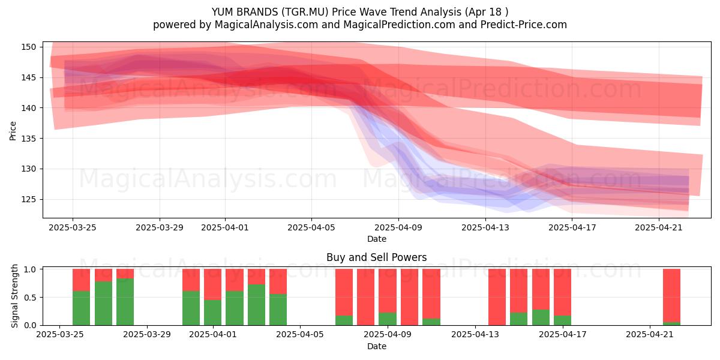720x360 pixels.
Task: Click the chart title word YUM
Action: [x=223, y=12]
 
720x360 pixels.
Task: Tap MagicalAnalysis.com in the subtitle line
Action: [x=266, y=25]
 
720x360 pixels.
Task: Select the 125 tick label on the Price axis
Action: [x=29, y=200]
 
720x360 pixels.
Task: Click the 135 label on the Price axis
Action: [x=29, y=139]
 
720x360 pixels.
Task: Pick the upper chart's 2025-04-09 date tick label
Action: [x=398, y=227]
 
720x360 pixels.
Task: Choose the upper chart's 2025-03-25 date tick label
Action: [x=73, y=227]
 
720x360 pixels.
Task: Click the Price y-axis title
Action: [x=13, y=131]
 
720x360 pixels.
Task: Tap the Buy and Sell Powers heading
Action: [x=376, y=257]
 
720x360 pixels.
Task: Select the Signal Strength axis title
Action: [x=14, y=296]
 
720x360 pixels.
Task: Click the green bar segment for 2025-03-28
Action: [x=125, y=302]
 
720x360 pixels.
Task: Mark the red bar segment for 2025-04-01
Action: [x=213, y=284]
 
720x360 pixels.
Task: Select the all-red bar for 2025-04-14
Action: [x=497, y=297]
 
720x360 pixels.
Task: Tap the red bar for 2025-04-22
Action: [x=672, y=295]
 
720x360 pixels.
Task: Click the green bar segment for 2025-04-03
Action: [x=257, y=305]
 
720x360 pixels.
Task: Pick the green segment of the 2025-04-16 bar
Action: [x=541, y=317]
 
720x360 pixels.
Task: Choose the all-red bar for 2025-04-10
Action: [x=409, y=297]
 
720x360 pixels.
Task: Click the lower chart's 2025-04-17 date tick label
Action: [x=563, y=335]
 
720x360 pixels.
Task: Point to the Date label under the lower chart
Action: [x=377, y=346]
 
